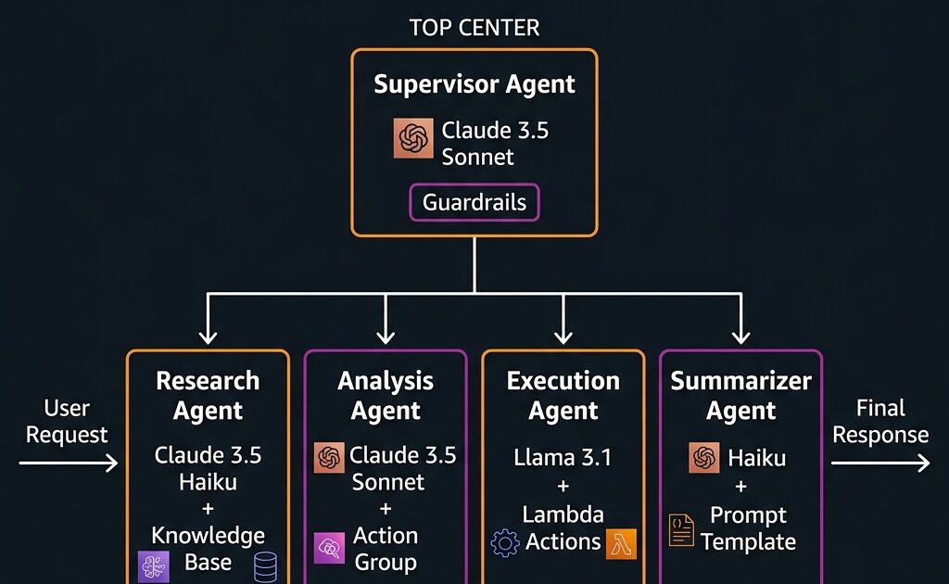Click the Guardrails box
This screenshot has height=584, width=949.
point(474,202)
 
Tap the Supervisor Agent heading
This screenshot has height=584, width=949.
point(474,84)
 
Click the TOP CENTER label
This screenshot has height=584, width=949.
point(474,28)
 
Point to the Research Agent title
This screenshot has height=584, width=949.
point(208,396)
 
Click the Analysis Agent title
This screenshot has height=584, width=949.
point(385,396)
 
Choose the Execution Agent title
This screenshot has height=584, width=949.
point(563,396)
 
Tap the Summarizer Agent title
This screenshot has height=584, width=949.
point(740,396)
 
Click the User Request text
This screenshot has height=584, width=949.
point(67,422)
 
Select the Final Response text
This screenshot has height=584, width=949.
point(879,422)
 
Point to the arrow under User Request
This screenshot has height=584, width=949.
point(69,461)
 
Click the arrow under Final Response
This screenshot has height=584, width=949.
point(880,461)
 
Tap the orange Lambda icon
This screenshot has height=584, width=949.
point(621,544)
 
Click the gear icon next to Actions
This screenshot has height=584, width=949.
point(505,542)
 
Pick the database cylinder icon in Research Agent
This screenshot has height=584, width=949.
point(265,565)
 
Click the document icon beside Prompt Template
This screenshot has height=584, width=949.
point(681,529)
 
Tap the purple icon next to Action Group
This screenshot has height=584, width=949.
point(330,548)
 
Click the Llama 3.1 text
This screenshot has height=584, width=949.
point(563,457)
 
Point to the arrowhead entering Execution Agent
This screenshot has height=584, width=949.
point(563,336)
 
